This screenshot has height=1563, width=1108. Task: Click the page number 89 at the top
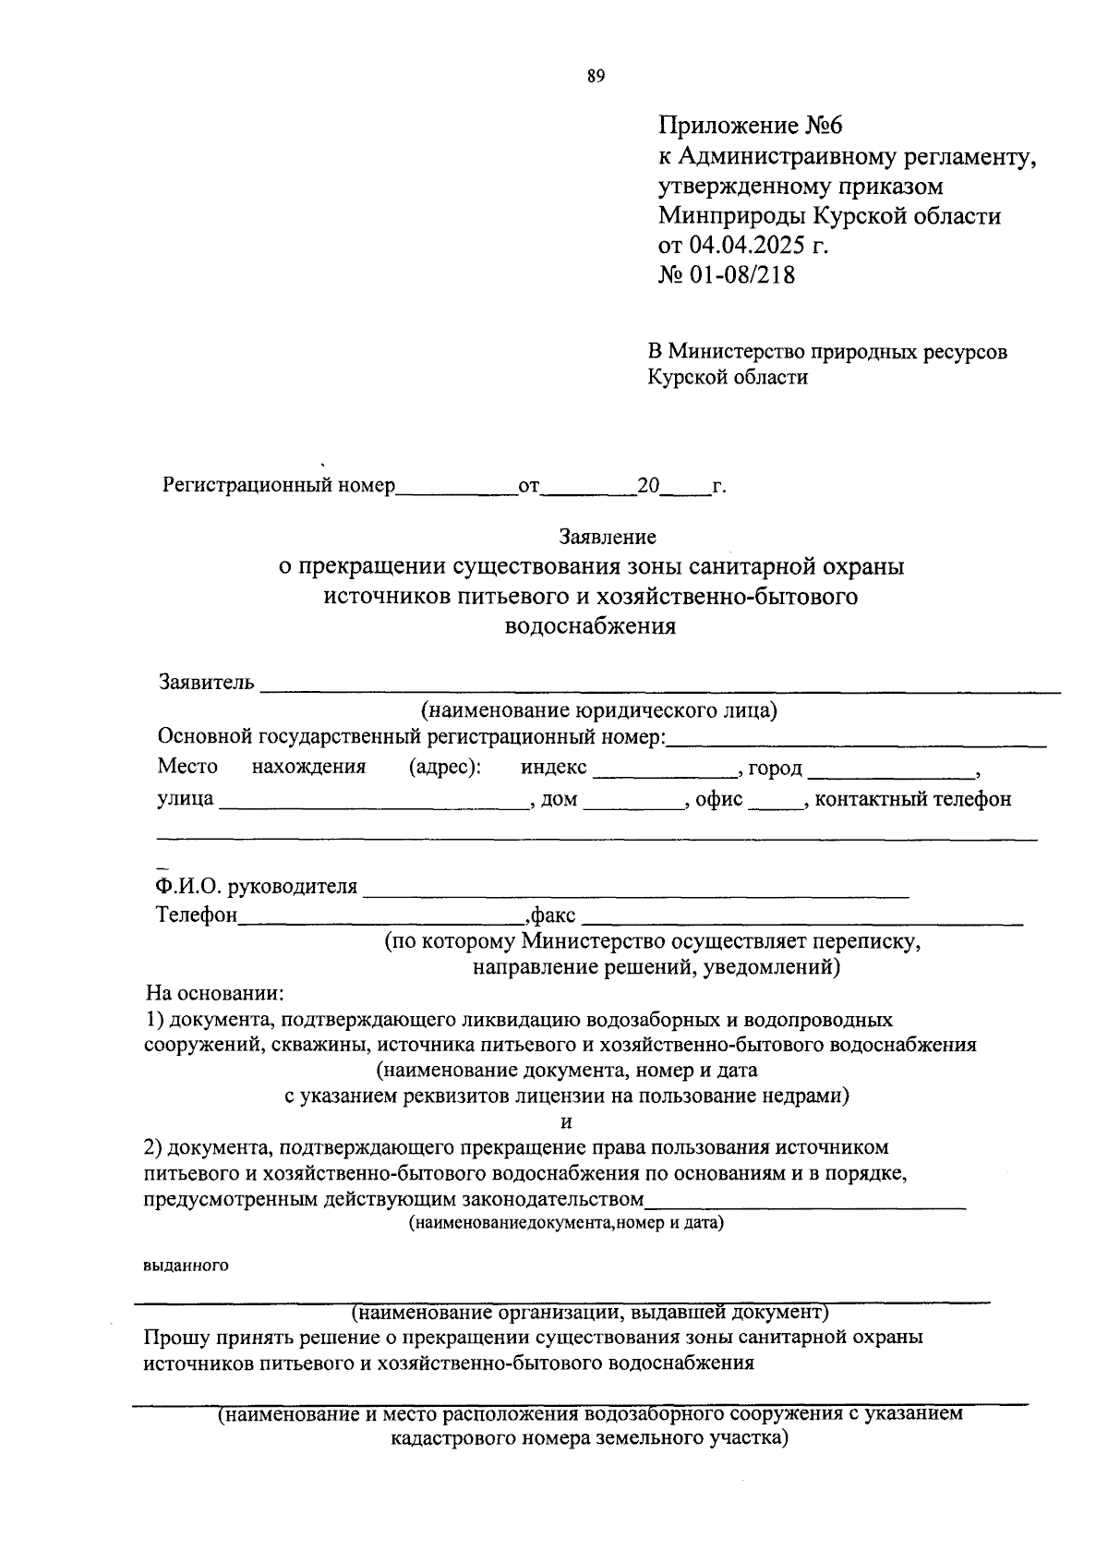(x=596, y=77)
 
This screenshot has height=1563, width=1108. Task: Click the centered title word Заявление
(x=607, y=536)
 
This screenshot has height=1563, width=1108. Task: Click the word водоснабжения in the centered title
(x=591, y=626)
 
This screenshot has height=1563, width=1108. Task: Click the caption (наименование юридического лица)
(x=599, y=710)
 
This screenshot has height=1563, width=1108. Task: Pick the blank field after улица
(x=372, y=801)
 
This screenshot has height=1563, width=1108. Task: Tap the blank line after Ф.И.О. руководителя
(x=636, y=889)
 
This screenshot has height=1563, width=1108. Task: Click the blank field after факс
(x=802, y=917)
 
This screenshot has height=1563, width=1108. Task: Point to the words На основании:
(x=215, y=994)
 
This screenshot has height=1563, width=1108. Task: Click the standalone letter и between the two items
(x=567, y=1121)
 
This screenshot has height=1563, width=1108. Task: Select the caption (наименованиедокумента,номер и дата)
(x=566, y=1223)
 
